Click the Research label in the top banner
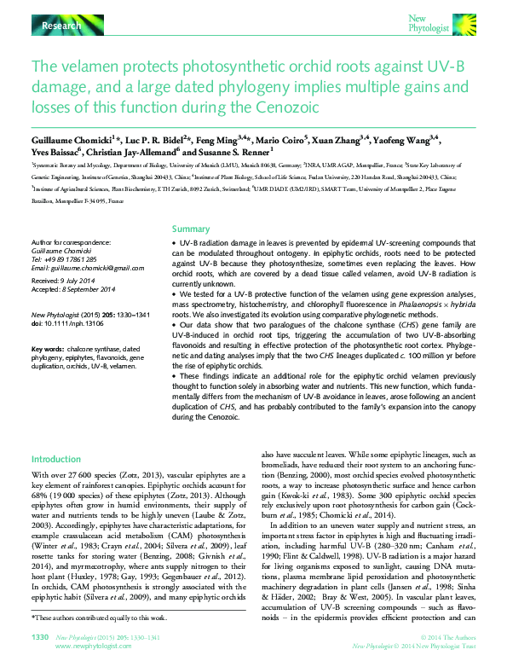click(60, 27)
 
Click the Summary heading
click(191, 229)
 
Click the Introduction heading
click(56, 458)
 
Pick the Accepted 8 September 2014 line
click(73, 288)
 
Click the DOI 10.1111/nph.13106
click(67, 323)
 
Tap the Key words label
click(47, 350)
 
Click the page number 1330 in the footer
click(40, 636)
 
